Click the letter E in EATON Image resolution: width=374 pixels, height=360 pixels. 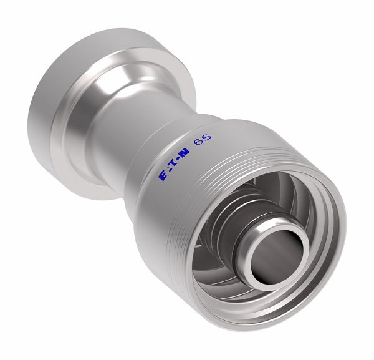(x=163, y=177)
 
